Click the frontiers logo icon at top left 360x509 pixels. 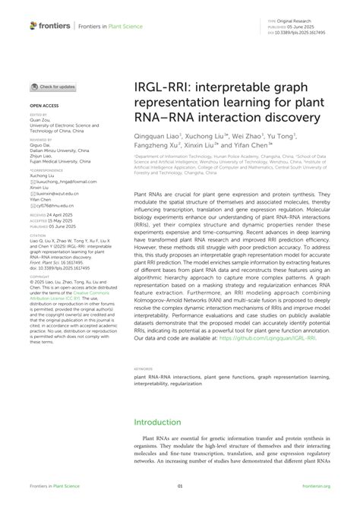34,25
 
